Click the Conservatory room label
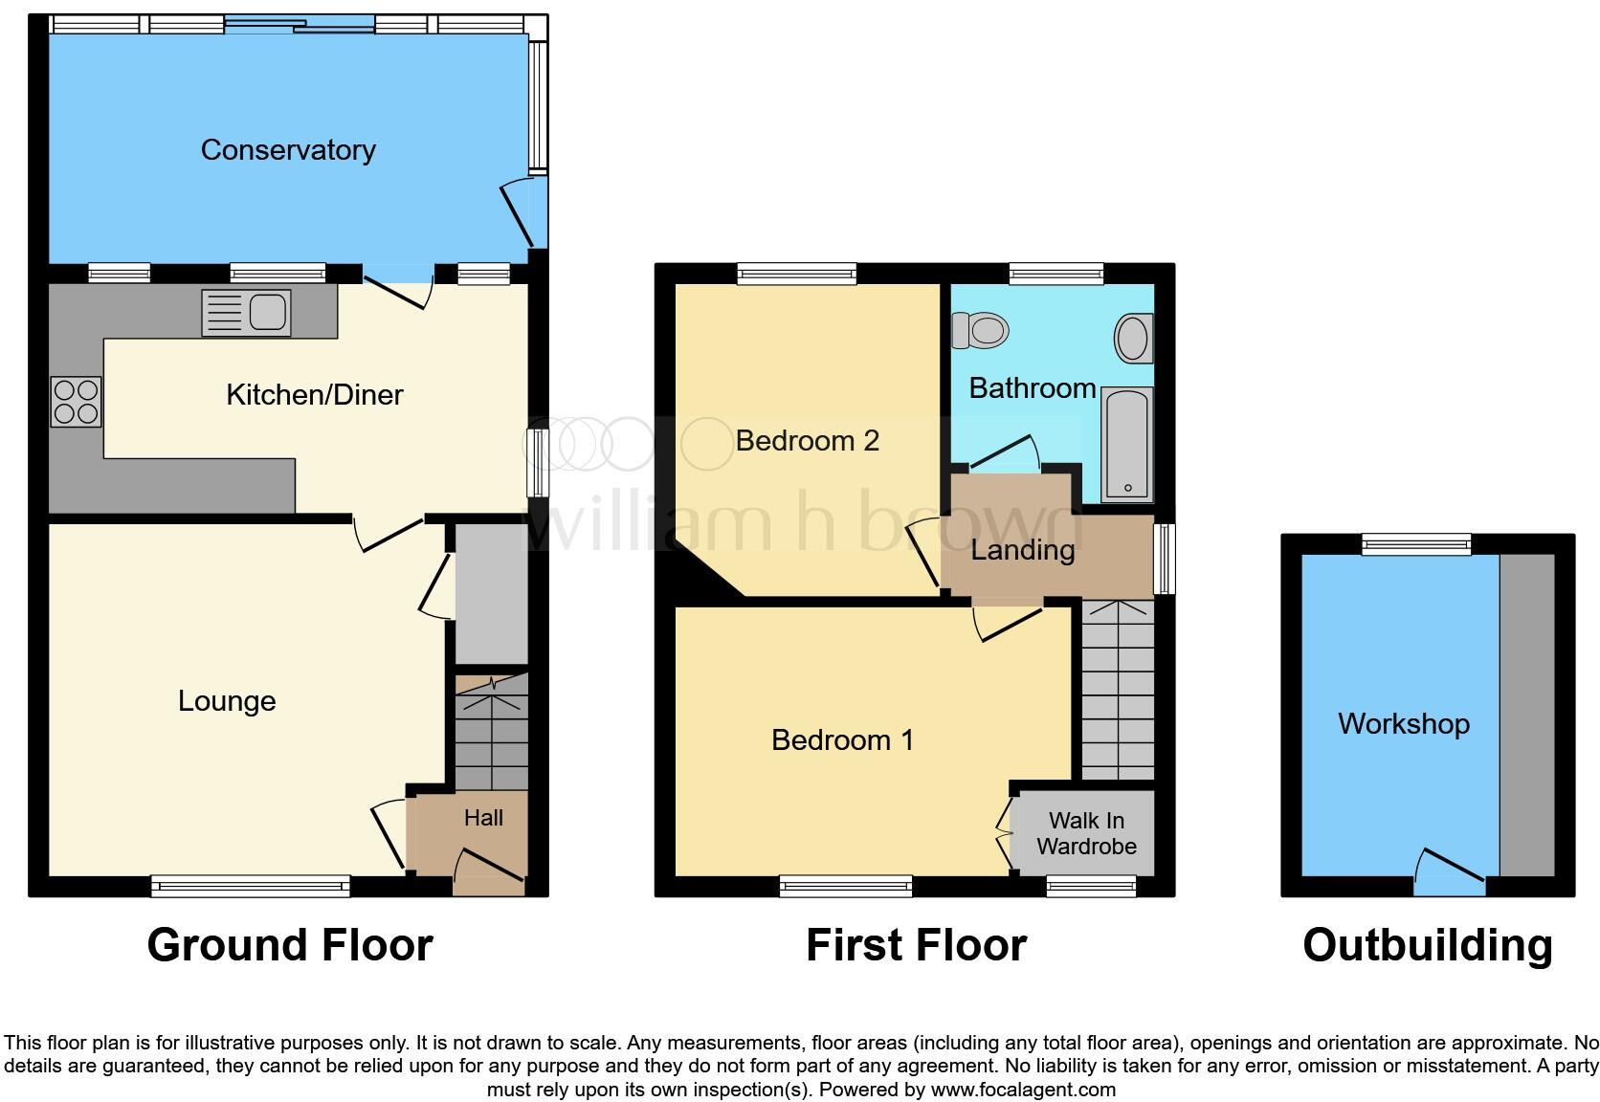[288, 150]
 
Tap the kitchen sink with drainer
[246, 312]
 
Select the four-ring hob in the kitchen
[77, 402]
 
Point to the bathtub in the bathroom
[1127, 445]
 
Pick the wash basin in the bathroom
[1134, 338]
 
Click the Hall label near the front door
[483, 818]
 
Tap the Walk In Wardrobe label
[1086, 833]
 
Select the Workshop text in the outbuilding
[1403, 724]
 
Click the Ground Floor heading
[290, 945]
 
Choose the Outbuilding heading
[1427, 945]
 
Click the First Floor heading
[916, 945]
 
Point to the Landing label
[1022, 550]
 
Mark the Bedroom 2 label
[807, 441]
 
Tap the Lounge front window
[251, 887]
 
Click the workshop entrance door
[1450, 872]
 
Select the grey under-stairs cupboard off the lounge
[491, 593]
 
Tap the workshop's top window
[1416, 544]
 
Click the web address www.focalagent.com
[1023, 1090]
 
